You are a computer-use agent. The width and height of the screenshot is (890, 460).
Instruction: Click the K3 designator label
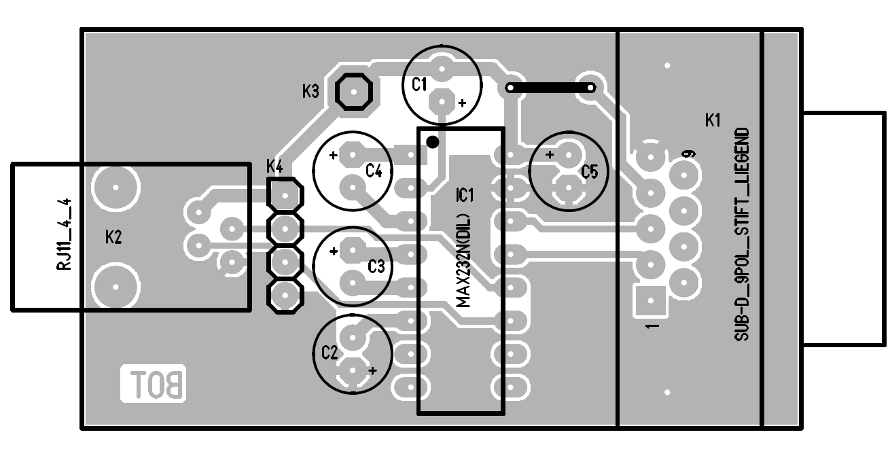pos(310,91)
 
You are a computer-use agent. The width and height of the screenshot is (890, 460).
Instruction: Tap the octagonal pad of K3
pos(354,91)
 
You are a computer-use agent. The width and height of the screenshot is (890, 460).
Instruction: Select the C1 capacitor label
pos(419,84)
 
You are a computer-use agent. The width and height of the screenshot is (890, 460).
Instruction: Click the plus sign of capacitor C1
pos(462,103)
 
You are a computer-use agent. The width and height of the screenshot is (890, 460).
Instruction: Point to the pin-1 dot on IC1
pos(432,141)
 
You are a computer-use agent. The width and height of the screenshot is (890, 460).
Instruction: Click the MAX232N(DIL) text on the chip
pos(465,262)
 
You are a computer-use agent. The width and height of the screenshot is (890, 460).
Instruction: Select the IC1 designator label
pos(465,196)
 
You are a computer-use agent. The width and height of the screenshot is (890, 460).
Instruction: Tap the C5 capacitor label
pos(589,173)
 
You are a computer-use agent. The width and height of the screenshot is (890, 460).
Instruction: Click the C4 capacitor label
pos(374,171)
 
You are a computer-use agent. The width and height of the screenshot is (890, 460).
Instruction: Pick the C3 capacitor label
pos(376,266)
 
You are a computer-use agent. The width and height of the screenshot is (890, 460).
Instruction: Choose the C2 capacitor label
pos(330,352)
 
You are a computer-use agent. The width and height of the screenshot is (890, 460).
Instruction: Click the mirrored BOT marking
pos(153,385)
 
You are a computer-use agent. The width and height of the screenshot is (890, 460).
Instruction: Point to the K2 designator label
pos(113,237)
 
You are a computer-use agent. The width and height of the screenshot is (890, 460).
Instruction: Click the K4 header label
pos(275,165)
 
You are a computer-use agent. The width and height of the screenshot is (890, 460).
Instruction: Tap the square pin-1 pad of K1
pos(651,299)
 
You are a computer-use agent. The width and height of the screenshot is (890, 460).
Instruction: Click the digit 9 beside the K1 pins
pos(690,154)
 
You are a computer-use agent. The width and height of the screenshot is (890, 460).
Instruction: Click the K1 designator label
pos(713,121)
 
